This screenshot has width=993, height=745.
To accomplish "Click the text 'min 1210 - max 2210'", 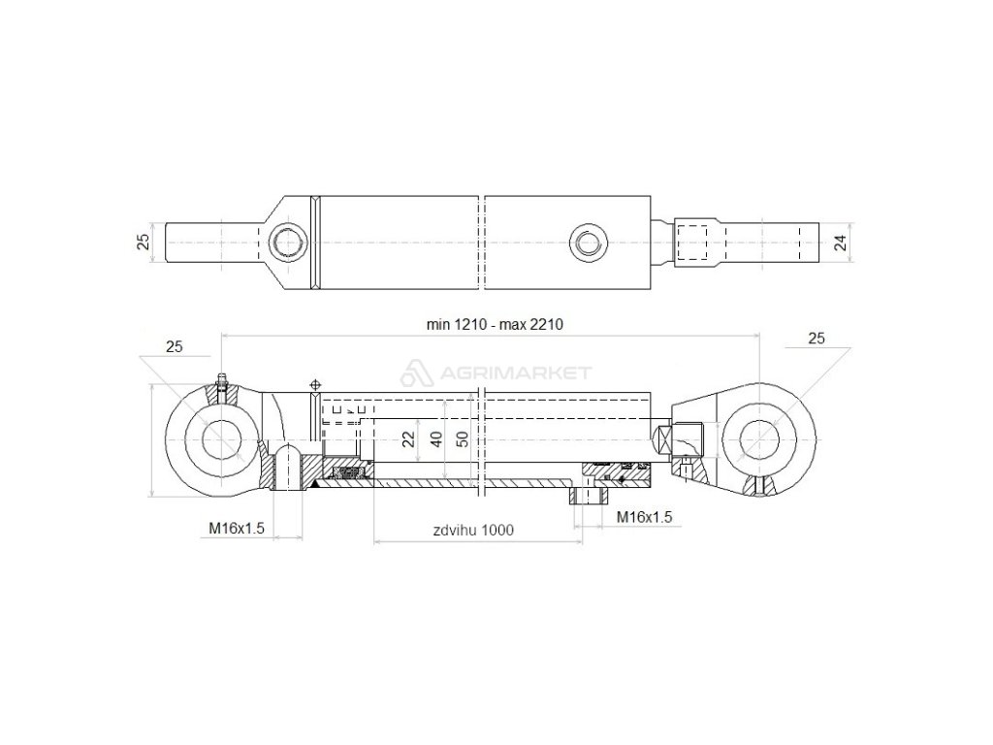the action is [495, 325].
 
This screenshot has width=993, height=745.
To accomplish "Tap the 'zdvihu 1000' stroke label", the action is [473, 530].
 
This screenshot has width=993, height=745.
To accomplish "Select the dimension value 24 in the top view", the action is [841, 242].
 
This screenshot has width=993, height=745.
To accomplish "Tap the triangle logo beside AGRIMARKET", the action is [415, 372].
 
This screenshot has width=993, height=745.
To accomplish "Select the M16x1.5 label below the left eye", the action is [237, 527].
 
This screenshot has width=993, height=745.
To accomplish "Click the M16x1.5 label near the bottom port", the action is [645, 517].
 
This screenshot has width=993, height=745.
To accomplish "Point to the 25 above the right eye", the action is [816, 338].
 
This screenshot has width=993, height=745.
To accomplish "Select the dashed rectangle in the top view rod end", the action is [696, 242].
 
